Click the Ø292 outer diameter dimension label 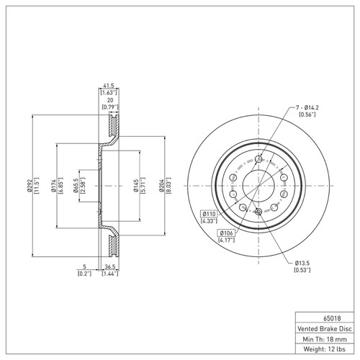(30, 186)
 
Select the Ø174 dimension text (53, 186)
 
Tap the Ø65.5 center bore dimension (76, 186)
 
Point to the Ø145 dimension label (136, 186)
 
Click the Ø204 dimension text (161, 186)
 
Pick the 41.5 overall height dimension (109, 86)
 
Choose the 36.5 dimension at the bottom (110, 266)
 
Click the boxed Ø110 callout (209, 214)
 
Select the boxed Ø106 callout (226, 233)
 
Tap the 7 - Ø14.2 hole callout (307, 108)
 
